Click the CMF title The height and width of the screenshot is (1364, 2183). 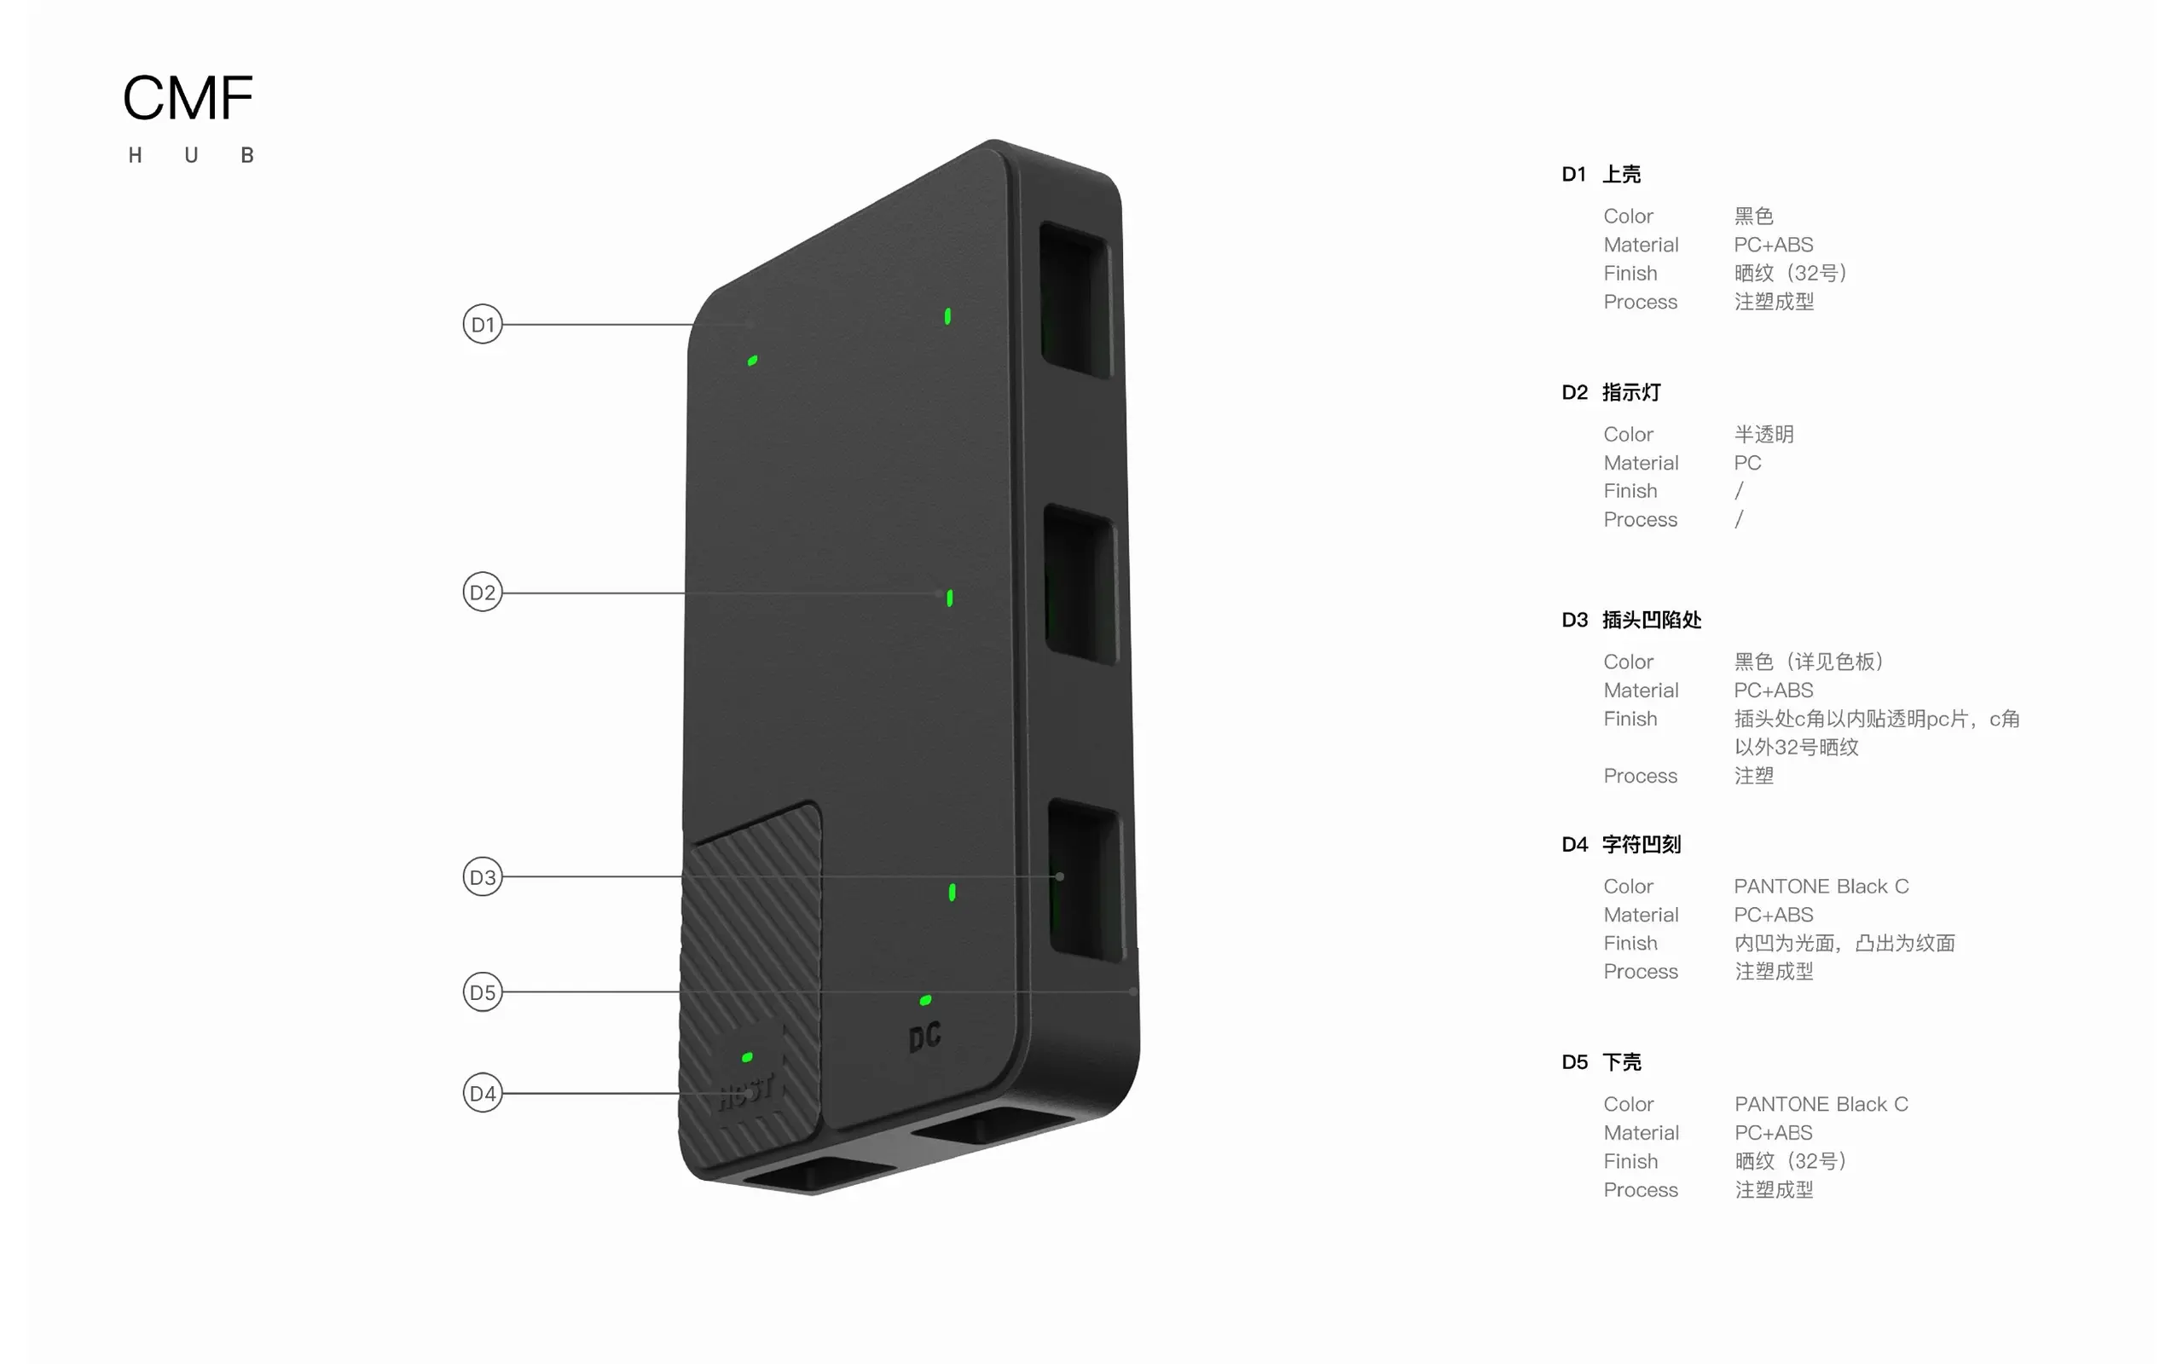point(188,97)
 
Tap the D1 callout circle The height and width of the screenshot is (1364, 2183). point(483,324)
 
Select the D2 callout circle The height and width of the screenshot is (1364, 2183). point(483,592)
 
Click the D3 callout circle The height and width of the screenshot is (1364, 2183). point(483,877)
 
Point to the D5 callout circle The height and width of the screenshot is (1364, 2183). point(483,992)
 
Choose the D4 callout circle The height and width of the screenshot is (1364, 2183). point(483,1094)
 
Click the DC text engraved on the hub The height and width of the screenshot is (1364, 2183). point(924,1037)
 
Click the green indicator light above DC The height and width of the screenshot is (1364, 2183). point(925,999)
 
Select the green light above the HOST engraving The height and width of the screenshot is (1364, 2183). point(747,1056)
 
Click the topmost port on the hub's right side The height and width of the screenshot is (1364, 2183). point(1075,299)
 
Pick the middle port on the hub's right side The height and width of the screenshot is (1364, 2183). point(1080,585)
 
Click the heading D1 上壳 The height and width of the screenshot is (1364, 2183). point(1601,174)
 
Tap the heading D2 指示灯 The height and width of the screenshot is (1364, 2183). point(1611,392)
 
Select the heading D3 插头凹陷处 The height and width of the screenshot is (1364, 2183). point(1632,620)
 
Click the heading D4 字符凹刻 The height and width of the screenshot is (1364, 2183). point(1621,844)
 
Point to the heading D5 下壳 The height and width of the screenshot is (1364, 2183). point(1601,1062)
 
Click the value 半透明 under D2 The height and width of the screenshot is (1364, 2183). point(1763,434)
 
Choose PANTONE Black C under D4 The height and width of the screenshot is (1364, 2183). point(1821,886)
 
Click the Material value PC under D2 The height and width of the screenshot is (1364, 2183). point(1747,463)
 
